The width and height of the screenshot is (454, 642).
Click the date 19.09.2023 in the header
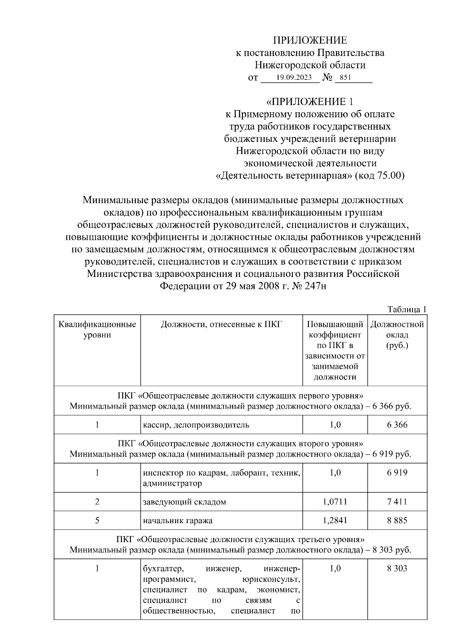click(294, 78)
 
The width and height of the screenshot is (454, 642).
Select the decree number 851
click(345, 78)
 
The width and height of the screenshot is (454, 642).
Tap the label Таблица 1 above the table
click(407, 309)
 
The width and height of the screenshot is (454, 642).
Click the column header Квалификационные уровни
click(97, 330)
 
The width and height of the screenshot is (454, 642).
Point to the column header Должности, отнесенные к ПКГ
click(221, 324)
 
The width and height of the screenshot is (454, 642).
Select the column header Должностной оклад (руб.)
click(397, 335)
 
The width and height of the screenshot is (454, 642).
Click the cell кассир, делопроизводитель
click(196, 424)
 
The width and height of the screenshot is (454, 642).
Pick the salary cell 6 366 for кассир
click(397, 424)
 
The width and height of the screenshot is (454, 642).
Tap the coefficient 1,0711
click(335, 502)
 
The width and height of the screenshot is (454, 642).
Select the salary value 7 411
click(397, 502)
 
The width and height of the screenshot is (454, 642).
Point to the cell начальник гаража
click(178, 520)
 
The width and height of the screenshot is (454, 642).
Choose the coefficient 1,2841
click(335, 520)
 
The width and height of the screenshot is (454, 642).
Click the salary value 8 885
click(397, 520)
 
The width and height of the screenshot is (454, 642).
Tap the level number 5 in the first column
click(97, 520)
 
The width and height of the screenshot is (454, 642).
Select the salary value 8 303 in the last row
click(397, 568)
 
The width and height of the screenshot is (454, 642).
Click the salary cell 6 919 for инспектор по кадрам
click(397, 472)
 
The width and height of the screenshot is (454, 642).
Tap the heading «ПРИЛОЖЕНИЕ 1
click(310, 101)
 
